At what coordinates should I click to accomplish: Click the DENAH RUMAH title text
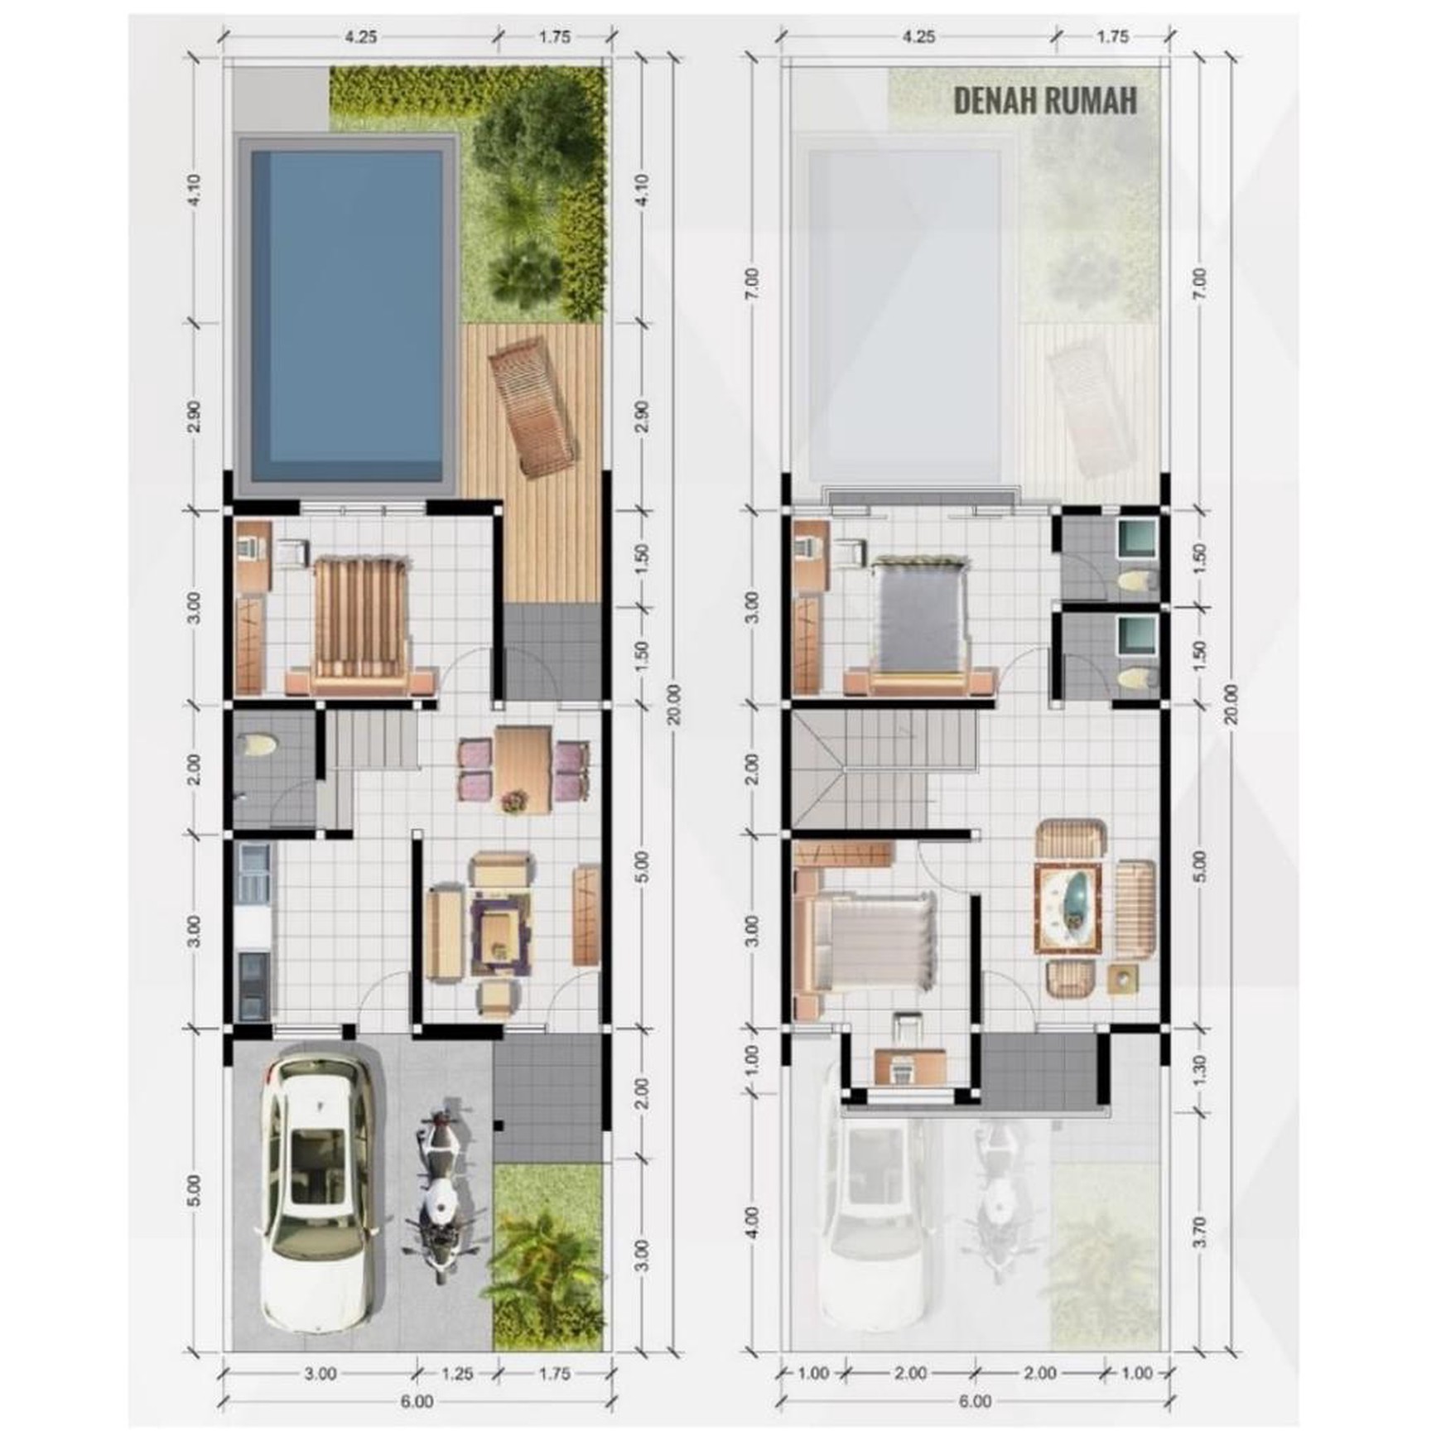point(1045,100)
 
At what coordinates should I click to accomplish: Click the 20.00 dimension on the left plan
point(673,704)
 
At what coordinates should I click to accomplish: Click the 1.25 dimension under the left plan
point(456,1373)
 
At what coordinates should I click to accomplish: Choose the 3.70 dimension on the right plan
point(1202,1231)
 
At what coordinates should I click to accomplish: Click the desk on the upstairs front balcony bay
point(910,1066)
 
